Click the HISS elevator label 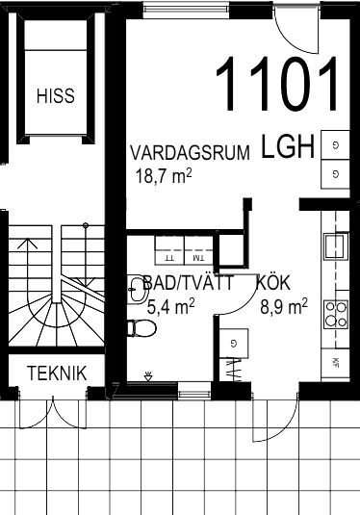56,95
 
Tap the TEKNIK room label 57,373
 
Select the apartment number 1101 276,84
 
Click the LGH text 288,146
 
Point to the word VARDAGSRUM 191,153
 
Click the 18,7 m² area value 164,176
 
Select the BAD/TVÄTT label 189,283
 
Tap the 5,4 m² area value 170,306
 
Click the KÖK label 273,283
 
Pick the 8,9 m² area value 284,306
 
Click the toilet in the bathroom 141,328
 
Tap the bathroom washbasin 137,289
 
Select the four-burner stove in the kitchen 336,315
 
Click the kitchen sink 335,246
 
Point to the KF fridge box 335,363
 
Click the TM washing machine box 198,250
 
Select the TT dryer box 169,250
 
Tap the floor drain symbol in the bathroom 148,376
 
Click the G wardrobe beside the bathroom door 234,344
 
